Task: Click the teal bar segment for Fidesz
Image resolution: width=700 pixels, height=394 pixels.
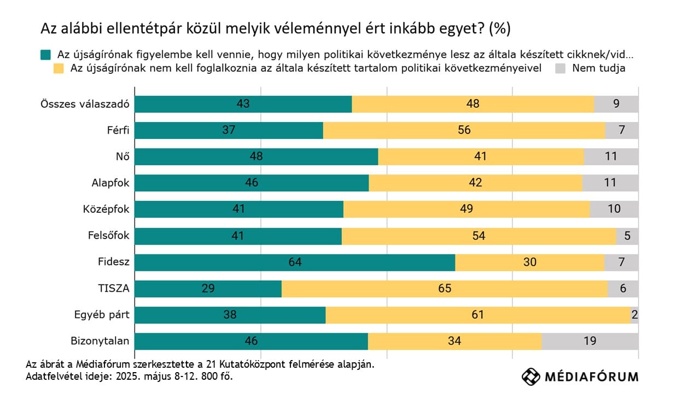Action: [x=295, y=262]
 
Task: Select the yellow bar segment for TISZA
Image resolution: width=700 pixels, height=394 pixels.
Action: [x=444, y=288]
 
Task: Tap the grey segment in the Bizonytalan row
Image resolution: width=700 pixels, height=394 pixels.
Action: [x=590, y=341]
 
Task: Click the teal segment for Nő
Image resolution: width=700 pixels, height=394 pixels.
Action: [x=256, y=157]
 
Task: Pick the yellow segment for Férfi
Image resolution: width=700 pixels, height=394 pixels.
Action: [x=464, y=130]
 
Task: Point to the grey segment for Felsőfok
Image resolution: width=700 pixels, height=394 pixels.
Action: [x=627, y=236]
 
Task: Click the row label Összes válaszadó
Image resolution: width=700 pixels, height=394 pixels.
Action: [x=85, y=104]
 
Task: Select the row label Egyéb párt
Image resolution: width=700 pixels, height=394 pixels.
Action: [x=102, y=315]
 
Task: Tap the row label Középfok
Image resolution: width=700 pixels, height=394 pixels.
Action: [x=106, y=210]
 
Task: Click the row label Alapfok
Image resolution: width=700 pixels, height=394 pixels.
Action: [x=110, y=183]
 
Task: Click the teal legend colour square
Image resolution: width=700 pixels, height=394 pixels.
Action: [x=45, y=55]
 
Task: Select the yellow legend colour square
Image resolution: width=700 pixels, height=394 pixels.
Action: [x=59, y=69]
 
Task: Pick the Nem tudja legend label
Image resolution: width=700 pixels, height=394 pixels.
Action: [x=598, y=69]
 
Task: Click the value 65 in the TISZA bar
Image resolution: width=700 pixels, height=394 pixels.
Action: [x=445, y=288]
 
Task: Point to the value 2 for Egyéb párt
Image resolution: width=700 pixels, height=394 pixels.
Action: [x=634, y=315]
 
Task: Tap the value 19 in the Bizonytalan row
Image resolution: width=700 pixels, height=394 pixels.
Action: [x=590, y=341]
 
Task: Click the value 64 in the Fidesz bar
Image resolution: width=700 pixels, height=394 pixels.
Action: [x=295, y=262]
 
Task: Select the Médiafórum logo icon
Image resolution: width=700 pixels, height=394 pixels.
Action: [x=530, y=376]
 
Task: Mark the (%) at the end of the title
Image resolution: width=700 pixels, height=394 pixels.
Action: [x=500, y=29]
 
